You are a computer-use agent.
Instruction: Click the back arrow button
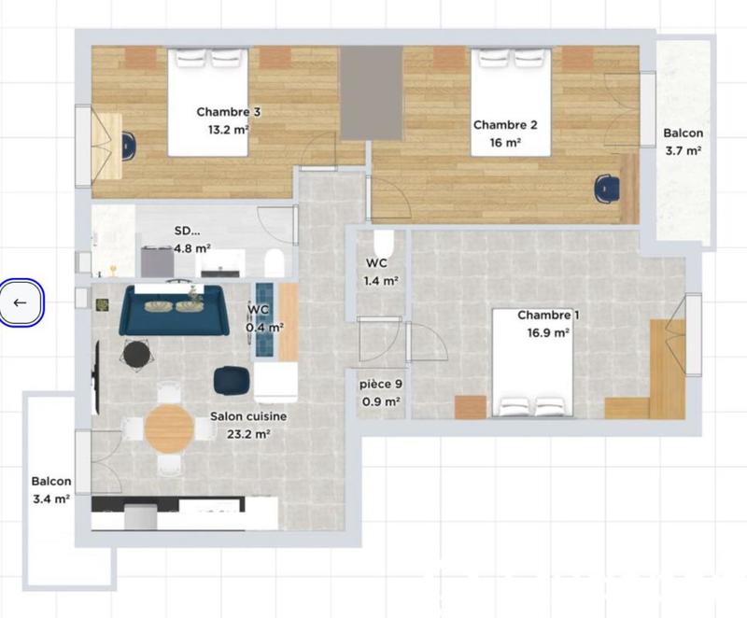point(21,302)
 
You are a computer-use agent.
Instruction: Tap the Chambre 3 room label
point(228,120)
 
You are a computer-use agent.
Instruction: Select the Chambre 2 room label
point(505,133)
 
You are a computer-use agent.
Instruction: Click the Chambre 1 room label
point(548,323)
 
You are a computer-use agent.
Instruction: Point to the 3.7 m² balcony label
point(683,142)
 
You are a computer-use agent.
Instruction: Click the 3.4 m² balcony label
point(51,491)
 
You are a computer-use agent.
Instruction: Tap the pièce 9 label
point(381,392)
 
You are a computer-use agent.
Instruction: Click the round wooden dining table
point(170,428)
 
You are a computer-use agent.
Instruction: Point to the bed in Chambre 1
point(533,364)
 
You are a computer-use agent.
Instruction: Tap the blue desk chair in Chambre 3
point(128,145)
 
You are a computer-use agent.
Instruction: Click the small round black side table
point(136,354)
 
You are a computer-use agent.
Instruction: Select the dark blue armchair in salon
point(230,380)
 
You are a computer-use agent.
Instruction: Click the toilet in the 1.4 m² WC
point(384,244)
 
